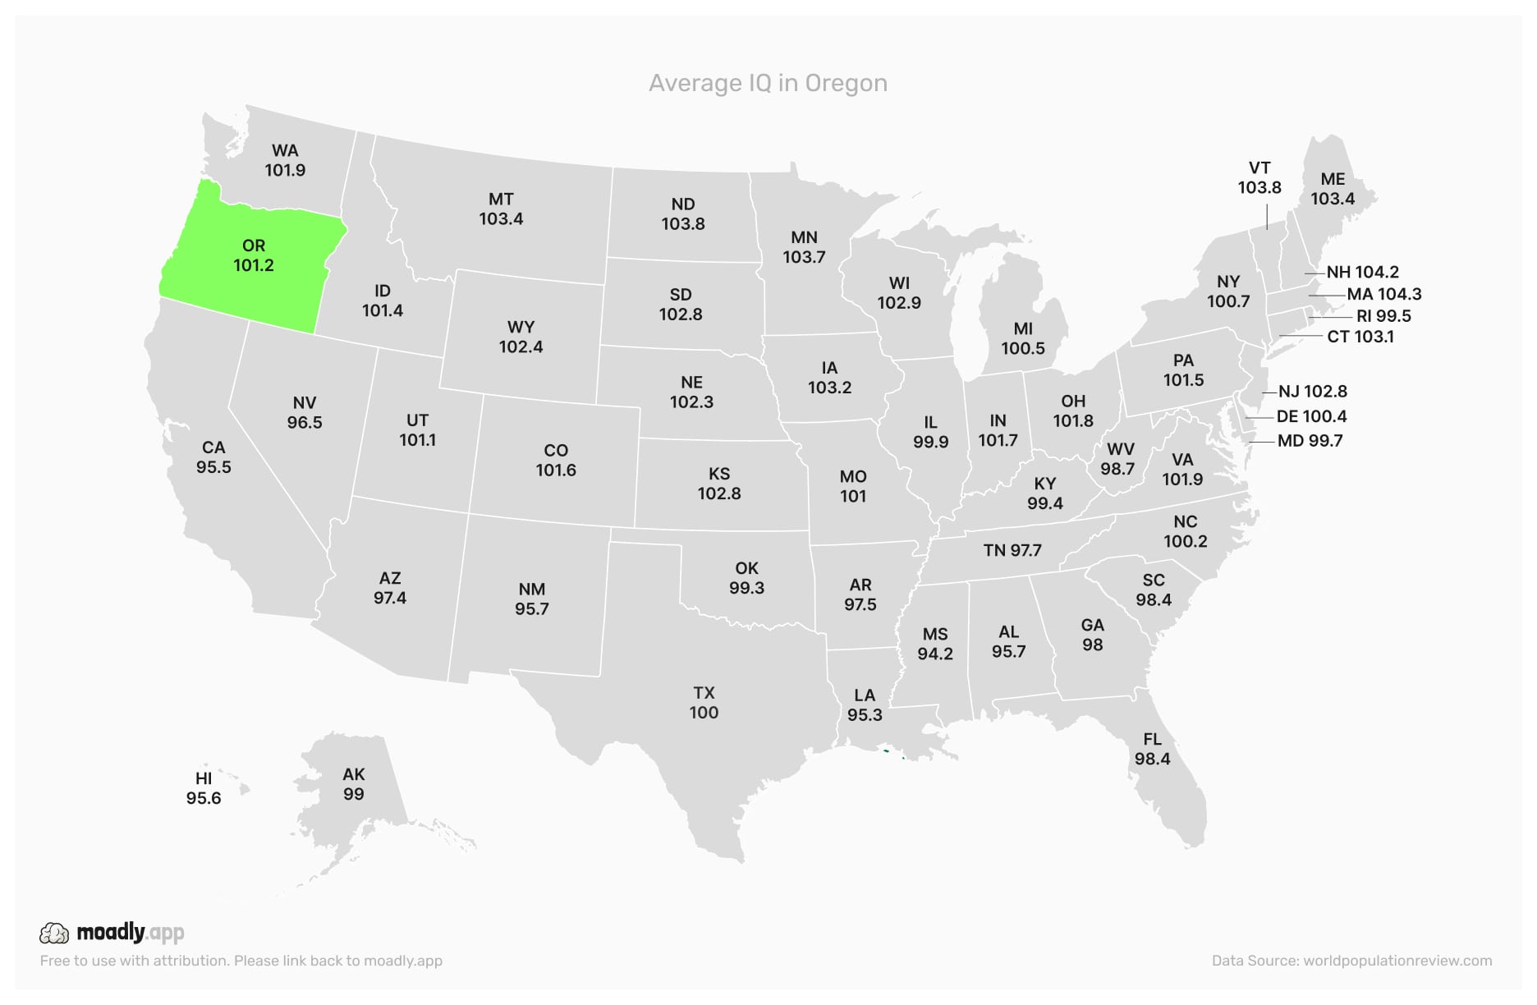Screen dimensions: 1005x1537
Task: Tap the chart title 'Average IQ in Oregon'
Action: coord(768,83)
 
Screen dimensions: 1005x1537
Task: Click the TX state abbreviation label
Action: coord(704,693)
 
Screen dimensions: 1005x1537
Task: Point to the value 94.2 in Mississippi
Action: coord(935,654)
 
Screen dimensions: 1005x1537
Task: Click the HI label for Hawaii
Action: coord(204,778)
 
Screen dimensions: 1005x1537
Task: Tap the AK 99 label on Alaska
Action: coord(354,784)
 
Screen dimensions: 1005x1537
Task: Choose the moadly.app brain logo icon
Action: coord(54,933)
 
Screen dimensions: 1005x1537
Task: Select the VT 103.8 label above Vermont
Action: coord(1259,177)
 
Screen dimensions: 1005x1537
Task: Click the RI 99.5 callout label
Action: coord(1383,316)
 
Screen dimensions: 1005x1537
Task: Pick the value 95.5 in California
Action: coord(213,467)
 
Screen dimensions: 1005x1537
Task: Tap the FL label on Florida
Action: coord(1152,739)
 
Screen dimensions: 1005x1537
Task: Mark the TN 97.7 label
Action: coord(1012,550)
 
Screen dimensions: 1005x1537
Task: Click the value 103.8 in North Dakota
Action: coord(683,224)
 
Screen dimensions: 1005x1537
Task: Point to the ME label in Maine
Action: coord(1333,179)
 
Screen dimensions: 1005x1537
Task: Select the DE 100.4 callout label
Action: coord(1311,416)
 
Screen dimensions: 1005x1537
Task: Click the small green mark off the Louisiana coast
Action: coord(886,750)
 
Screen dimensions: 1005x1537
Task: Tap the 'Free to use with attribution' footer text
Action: coord(241,961)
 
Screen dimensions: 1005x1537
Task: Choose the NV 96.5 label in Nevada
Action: coord(305,412)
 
